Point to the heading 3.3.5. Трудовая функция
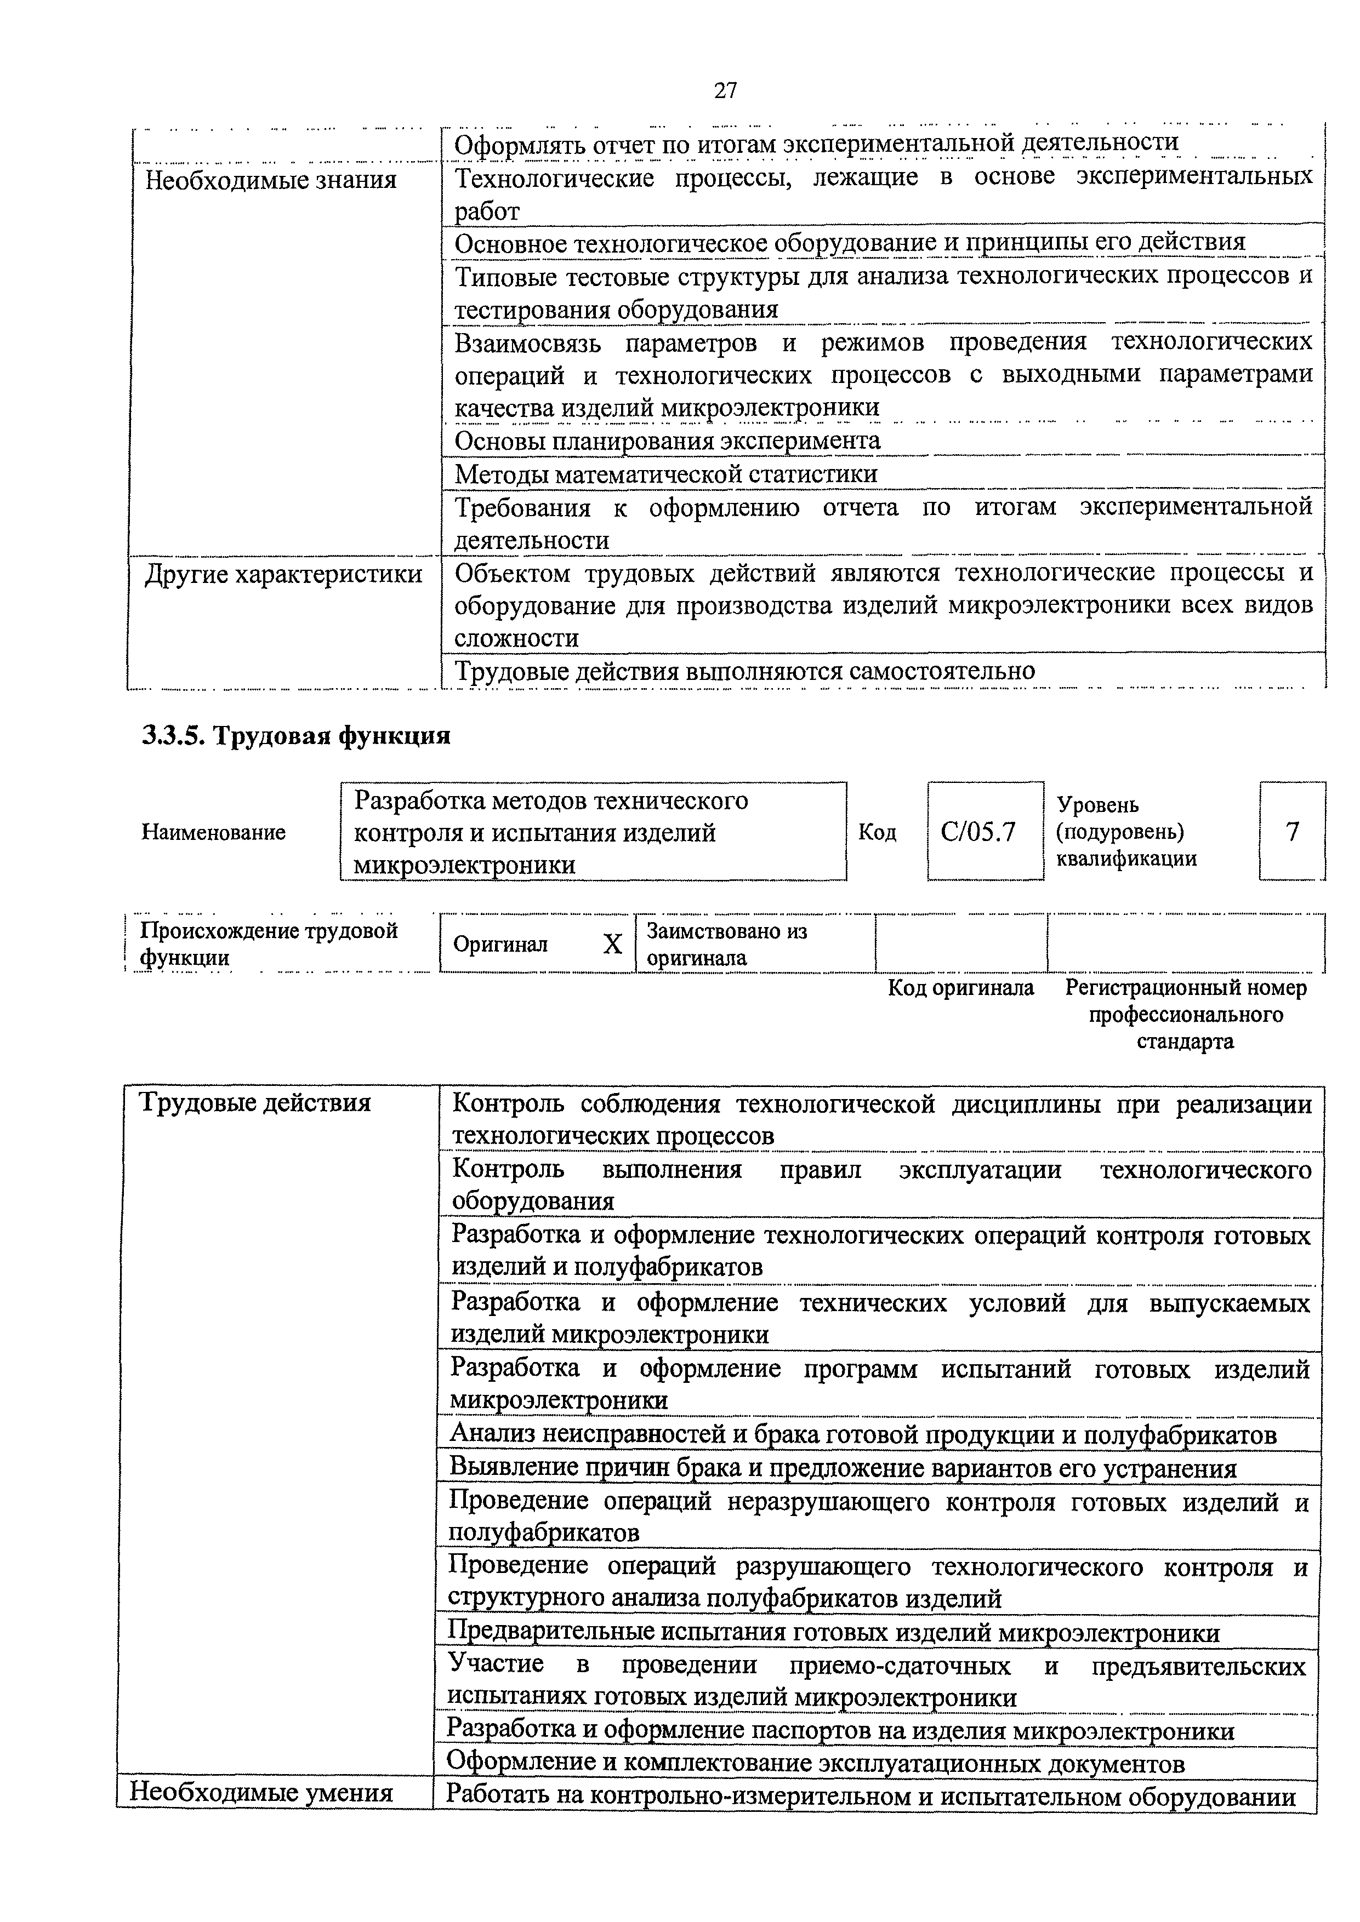[297, 736]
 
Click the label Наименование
[214, 832]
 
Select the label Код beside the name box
[877, 832]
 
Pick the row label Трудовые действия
[254, 1102]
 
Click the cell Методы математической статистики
[666, 474]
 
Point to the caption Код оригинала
[960, 988]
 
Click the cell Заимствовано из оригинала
[727, 944]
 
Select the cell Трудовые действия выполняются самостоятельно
[744, 671]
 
